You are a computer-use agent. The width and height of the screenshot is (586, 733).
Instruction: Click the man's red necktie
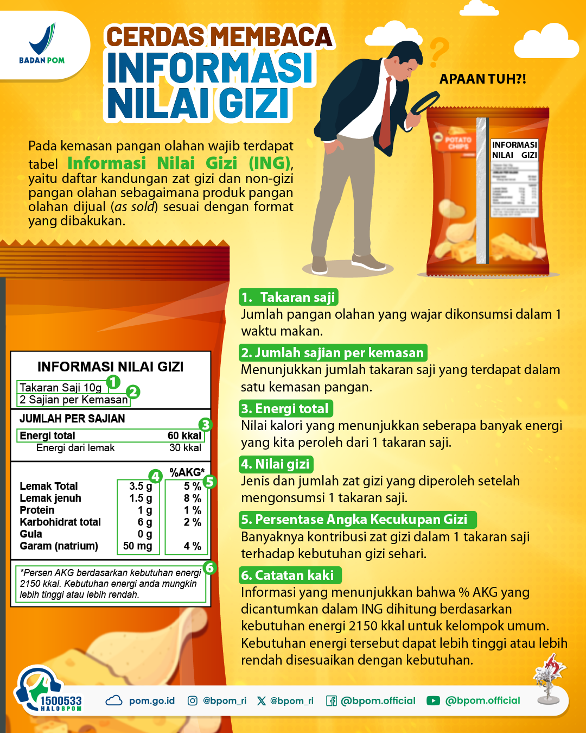tap(386, 115)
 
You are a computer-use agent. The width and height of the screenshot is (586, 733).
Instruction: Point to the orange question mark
tap(439, 52)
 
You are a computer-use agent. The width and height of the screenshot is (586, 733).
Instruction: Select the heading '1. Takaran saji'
tap(288, 297)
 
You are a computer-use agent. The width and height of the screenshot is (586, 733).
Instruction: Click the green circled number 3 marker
tap(205, 425)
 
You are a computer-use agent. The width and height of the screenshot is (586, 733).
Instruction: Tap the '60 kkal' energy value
tap(184, 435)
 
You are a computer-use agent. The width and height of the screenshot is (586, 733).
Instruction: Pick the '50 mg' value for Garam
tap(138, 546)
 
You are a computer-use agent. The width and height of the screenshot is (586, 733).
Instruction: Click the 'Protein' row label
tap(37, 510)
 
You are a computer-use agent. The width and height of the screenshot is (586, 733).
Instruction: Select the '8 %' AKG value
tap(192, 498)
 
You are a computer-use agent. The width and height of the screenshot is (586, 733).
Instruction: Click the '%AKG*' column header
tap(187, 472)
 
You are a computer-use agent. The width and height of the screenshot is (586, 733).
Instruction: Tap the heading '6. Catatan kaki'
tap(290, 575)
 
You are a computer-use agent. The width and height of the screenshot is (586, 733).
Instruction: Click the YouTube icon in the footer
tap(433, 701)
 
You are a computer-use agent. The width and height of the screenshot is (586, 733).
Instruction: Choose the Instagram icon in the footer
tap(193, 701)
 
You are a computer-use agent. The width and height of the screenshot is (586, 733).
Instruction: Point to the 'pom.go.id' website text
tap(152, 701)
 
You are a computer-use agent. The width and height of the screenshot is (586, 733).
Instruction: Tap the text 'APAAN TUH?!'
tap(482, 79)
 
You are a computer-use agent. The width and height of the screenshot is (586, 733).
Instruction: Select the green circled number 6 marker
tap(209, 568)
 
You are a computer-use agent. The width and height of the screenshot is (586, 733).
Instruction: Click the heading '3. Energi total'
tap(286, 408)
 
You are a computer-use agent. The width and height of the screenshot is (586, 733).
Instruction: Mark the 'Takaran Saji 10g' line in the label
tap(61, 387)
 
